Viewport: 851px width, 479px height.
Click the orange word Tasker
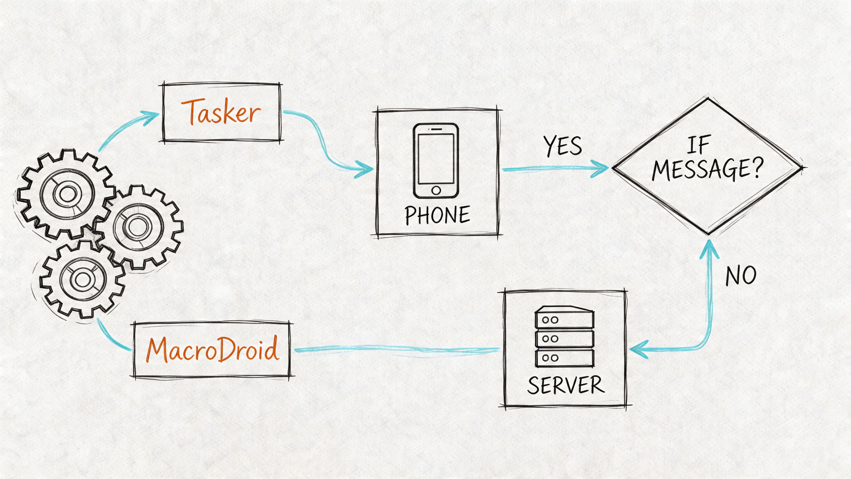(221, 112)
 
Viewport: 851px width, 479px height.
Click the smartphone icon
(436, 161)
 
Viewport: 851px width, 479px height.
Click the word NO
(741, 275)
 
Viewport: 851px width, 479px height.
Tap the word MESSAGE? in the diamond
(708, 169)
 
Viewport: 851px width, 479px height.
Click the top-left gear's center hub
(67, 193)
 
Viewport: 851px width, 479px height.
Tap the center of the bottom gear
(82, 279)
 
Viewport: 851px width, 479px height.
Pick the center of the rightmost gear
(137, 227)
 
